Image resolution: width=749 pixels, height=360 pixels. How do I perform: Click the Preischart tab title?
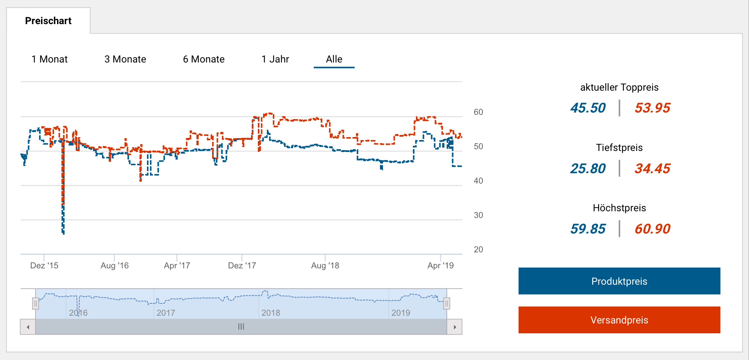click(48, 21)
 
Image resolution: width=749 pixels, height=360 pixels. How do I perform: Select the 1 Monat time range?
click(49, 59)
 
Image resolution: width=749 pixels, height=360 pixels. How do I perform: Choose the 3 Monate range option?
click(125, 59)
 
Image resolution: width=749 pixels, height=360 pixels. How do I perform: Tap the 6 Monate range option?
click(204, 59)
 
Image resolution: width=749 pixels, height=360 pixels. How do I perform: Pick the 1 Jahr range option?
click(275, 59)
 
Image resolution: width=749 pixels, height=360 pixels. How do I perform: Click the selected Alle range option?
click(334, 59)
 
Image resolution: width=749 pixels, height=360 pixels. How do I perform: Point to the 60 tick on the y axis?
click(478, 112)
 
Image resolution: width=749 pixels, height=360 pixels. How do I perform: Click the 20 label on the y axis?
click(478, 250)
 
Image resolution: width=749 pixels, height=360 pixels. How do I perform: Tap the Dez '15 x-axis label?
click(44, 266)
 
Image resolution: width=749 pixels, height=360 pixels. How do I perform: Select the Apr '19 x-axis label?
click(440, 266)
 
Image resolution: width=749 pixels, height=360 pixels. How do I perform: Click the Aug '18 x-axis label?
click(325, 266)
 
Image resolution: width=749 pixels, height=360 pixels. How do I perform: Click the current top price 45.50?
click(588, 108)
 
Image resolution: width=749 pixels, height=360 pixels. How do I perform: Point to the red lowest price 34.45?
click(652, 169)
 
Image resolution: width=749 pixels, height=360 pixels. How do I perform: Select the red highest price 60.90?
click(652, 229)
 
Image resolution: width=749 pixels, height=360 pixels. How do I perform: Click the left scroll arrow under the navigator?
click(28, 327)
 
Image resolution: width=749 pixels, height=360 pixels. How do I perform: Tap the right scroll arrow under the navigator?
click(455, 327)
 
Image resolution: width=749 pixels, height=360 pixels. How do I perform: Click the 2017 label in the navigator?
click(166, 313)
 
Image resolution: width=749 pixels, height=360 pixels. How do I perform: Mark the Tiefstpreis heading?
click(619, 148)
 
